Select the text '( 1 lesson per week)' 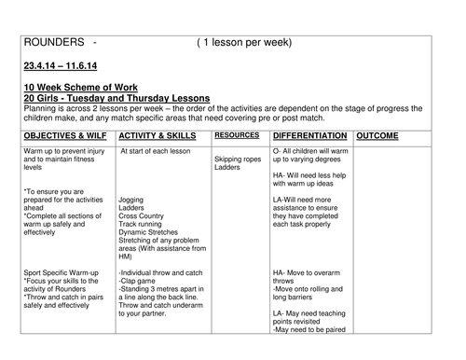(244, 43)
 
